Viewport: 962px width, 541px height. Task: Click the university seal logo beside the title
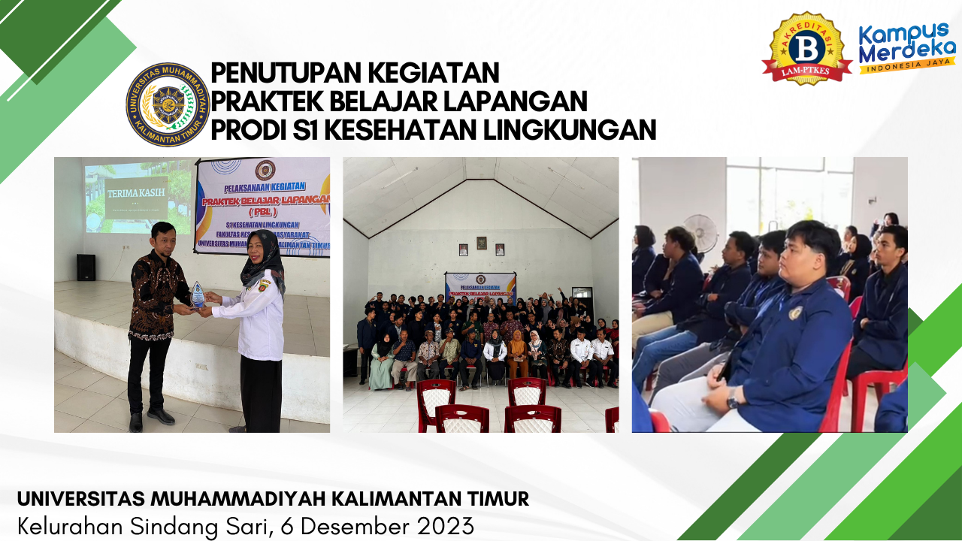tap(167, 104)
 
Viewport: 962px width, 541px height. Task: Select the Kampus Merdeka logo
tap(906, 48)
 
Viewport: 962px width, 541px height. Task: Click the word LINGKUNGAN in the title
tap(569, 130)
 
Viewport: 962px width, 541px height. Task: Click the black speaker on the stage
tap(86, 267)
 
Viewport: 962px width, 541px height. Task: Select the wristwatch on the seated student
tap(732, 397)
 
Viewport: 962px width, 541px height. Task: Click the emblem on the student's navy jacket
tap(795, 313)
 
